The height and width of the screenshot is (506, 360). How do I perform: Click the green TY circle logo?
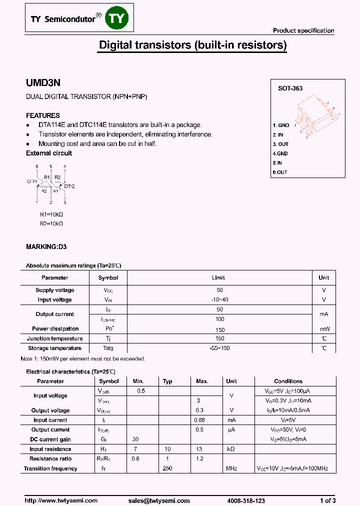119,18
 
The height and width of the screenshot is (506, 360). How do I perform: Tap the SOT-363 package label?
290,88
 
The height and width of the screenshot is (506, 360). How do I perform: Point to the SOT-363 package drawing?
315,117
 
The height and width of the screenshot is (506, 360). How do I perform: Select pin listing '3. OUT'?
280,144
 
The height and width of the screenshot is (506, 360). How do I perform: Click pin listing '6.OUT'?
280,172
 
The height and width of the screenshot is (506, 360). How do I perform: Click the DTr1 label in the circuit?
32,181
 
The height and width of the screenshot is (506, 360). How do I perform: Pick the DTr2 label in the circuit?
69,186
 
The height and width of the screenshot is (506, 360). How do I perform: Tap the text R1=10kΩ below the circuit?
51,214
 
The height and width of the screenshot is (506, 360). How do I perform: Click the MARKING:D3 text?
46,247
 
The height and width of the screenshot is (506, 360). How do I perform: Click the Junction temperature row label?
55,338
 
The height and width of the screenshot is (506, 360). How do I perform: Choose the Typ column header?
167,381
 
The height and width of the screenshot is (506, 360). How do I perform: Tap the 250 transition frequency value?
167,468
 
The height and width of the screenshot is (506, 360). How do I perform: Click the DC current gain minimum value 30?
135,439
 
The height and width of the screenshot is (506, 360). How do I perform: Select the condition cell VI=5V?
288,420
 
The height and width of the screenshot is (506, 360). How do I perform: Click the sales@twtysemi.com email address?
159,500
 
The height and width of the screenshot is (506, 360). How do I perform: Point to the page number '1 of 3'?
327,500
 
